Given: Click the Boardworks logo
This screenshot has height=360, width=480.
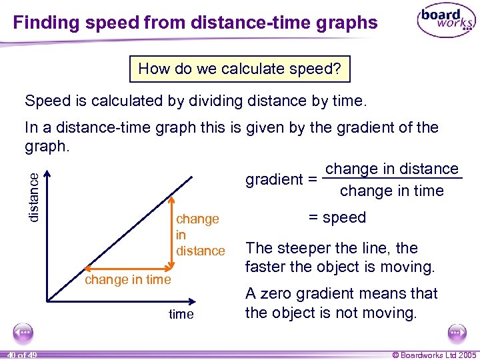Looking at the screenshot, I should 446,21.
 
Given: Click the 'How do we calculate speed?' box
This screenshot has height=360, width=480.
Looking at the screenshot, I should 240,69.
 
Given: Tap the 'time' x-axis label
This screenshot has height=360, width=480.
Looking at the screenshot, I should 181,314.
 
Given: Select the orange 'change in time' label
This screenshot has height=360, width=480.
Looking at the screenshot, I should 127,280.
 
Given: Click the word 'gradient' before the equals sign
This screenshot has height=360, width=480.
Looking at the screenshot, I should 273,179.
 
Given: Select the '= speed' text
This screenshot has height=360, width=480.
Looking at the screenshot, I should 337,217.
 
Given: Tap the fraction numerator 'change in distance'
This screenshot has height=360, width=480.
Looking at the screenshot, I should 392,169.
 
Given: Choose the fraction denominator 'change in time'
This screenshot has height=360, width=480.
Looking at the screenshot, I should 391,191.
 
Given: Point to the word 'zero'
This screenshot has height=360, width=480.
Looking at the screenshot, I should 279,293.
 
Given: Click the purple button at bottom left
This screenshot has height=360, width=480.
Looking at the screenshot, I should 24,331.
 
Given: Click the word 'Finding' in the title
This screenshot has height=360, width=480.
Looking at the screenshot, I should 45,23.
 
